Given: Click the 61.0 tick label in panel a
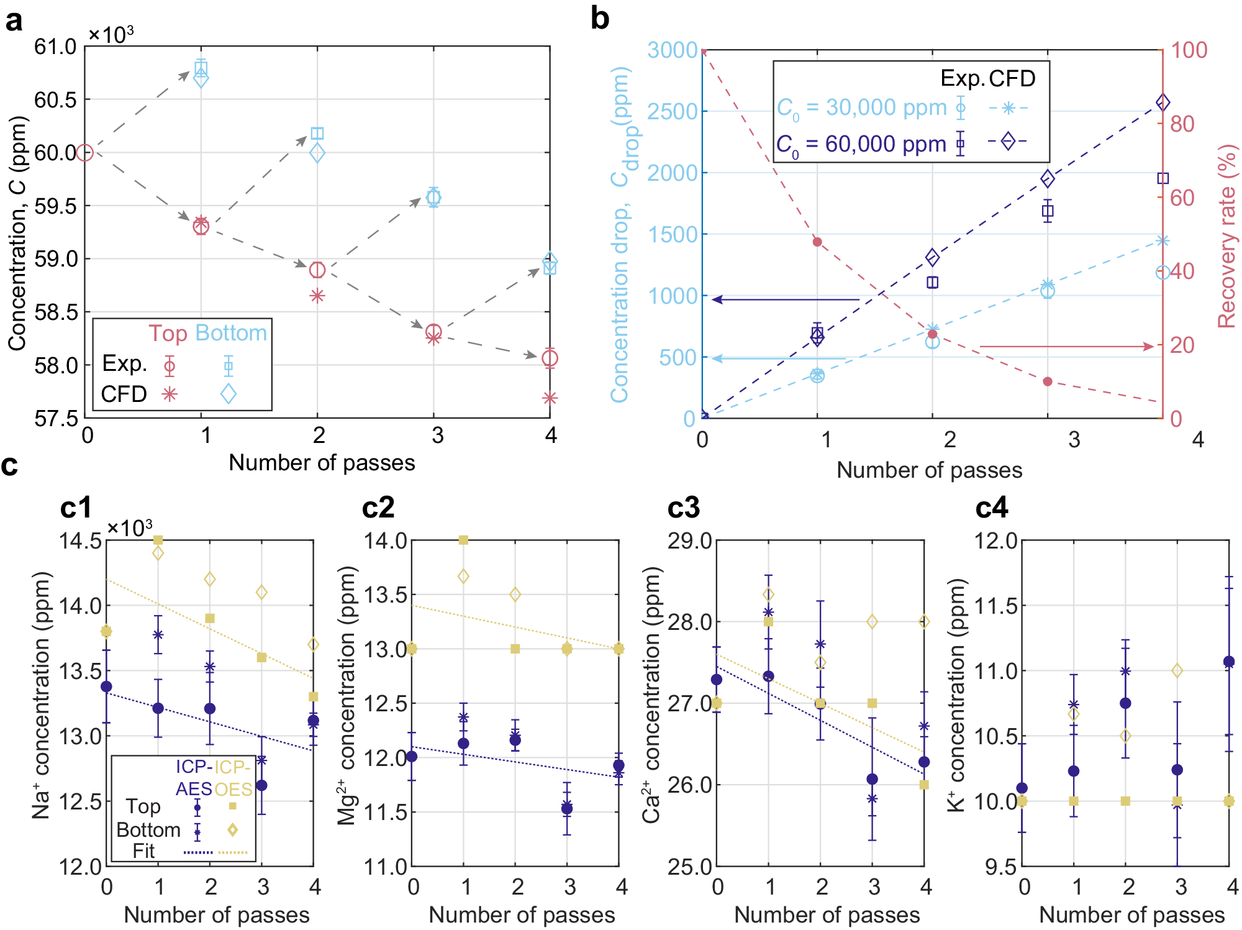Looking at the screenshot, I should pyautogui.click(x=55, y=47).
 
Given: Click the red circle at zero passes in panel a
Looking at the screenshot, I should pyautogui.click(x=86, y=152).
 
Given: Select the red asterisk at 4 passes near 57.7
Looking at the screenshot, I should pyautogui.click(x=550, y=398).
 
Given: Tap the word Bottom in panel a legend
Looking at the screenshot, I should pyautogui.click(x=231, y=333).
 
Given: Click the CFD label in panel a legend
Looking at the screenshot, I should pyautogui.click(x=124, y=394).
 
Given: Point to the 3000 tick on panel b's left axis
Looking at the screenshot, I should pyautogui.click(x=672, y=50).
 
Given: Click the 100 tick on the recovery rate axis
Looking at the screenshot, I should pyautogui.click(x=1189, y=50).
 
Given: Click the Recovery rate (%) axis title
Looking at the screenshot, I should pyautogui.click(x=1226, y=236).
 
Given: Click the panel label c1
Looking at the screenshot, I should pyautogui.click(x=76, y=508).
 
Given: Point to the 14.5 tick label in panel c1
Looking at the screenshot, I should pyautogui.click(x=80, y=540).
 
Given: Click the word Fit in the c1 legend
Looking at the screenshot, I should pyautogui.click(x=143, y=851).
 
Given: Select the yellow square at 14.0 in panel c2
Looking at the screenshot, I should pyautogui.click(x=463, y=540).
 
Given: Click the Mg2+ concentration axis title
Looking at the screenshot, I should pyautogui.click(x=347, y=696).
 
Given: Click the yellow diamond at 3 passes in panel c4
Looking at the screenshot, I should pyautogui.click(x=1177, y=670).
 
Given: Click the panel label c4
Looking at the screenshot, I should pyautogui.click(x=991, y=508).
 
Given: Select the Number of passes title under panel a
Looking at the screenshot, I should pyautogui.click(x=322, y=463).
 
